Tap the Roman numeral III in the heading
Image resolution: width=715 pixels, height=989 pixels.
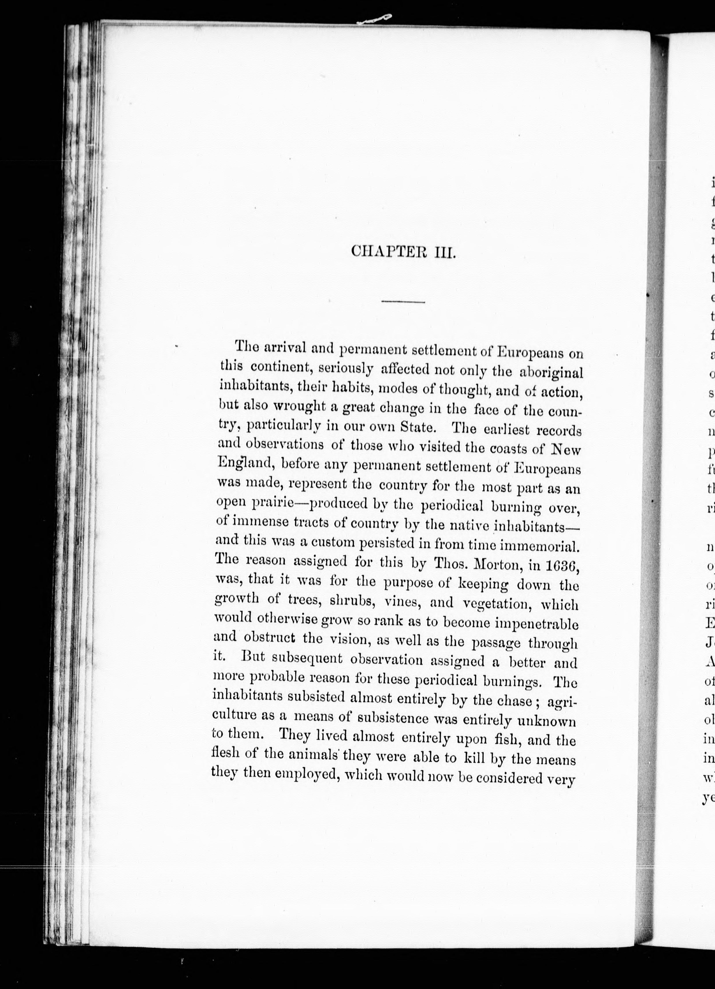click(x=444, y=253)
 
